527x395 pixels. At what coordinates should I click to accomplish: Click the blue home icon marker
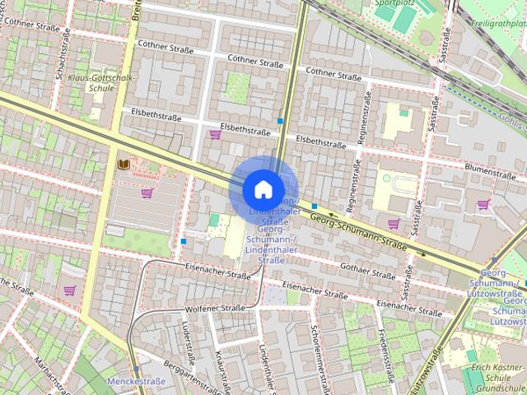(263, 189)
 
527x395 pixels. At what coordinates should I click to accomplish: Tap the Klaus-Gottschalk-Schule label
(102, 81)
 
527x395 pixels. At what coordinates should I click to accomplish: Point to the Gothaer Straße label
(366, 272)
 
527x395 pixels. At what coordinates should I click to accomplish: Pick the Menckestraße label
(137, 381)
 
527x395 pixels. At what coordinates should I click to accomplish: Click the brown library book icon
(124, 165)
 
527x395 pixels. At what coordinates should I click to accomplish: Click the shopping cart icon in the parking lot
(147, 193)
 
